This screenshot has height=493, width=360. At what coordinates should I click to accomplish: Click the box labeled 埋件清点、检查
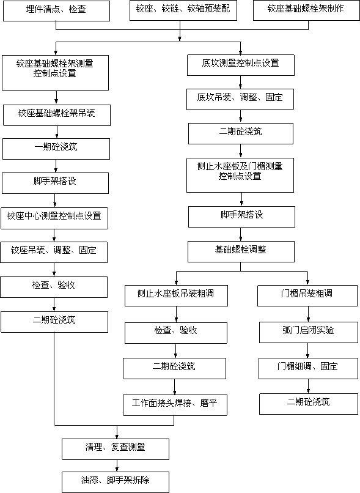coord(57,11)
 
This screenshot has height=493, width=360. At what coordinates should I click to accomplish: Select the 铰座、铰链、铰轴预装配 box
coord(183,10)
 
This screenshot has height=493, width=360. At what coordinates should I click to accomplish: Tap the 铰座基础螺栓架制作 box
coord(306,10)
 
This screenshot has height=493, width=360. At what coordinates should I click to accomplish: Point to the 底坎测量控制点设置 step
coord(241,65)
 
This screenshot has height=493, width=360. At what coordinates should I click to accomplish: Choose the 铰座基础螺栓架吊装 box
coord(57,116)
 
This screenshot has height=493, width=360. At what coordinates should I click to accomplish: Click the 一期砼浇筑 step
coord(56,149)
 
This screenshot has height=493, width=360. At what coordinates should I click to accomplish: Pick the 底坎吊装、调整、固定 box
coord(240,99)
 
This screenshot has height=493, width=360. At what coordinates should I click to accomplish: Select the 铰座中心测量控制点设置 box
coord(54,218)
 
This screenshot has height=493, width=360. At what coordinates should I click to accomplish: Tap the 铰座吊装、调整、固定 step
coord(54,252)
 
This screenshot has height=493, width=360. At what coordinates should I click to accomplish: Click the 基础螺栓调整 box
coord(241,251)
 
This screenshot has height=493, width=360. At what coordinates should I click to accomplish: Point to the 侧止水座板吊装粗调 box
coord(176,296)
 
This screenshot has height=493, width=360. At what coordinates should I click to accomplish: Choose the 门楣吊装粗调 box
coord(307,296)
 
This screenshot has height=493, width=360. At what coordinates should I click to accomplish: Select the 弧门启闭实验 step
coord(309,332)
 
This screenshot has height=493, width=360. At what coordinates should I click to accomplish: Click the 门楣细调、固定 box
coord(308,368)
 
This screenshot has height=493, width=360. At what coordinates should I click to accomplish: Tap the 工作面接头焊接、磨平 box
coord(175,406)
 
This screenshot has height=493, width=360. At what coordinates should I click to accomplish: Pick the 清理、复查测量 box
coord(116,450)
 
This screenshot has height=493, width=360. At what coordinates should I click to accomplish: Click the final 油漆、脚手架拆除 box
coord(116,483)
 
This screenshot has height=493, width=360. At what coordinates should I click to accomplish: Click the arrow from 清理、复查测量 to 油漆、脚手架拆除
coord(117,465)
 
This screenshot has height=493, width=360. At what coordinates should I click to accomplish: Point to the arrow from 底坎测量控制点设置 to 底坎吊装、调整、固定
coord(241,83)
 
